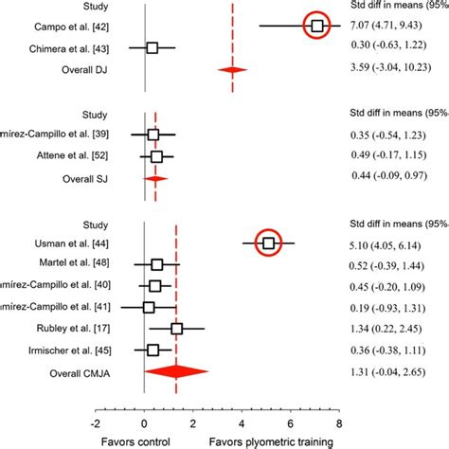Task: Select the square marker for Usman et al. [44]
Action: point(269,243)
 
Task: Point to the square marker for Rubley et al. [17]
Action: point(176,329)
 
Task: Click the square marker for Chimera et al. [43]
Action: point(152,47)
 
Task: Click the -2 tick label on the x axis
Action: point(96,424)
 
